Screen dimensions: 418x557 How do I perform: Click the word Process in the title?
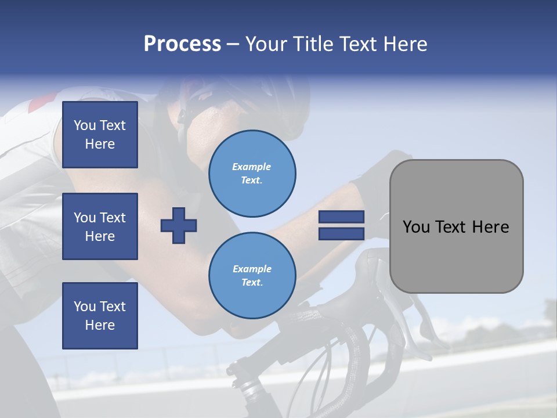[182, 44]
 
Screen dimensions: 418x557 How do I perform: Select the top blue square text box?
[100, 135]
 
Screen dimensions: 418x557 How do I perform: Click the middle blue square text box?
[100, 226]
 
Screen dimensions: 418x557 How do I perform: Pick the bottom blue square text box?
[100, 316]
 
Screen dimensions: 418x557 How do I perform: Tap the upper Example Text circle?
[252, 173]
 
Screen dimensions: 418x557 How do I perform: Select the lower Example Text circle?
[252, 275]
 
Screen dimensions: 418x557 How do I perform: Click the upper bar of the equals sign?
[341, 217]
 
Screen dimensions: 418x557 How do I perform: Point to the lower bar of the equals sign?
[341, 233]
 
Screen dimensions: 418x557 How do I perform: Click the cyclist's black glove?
[371, 180]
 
